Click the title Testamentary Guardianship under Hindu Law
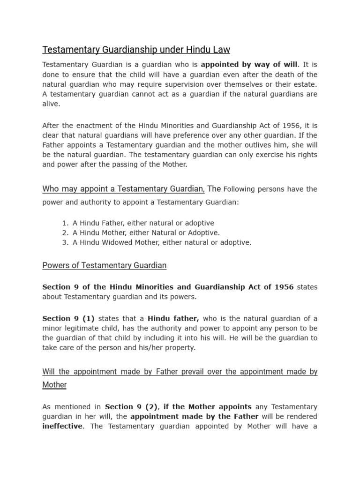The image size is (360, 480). click(x=136, y=50)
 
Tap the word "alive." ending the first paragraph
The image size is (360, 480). click(x=52, y=104)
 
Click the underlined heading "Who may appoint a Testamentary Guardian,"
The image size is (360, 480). click(x=124, y=189)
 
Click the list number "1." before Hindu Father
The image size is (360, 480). click(x=65, y=223)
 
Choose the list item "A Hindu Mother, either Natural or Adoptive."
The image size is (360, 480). click(x=146, y=233)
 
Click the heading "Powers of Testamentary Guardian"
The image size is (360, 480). click(x=104, y=266)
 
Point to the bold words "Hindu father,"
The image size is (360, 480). click(x=173, y=319)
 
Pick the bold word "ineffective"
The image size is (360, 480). click(x=62, y=427)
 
